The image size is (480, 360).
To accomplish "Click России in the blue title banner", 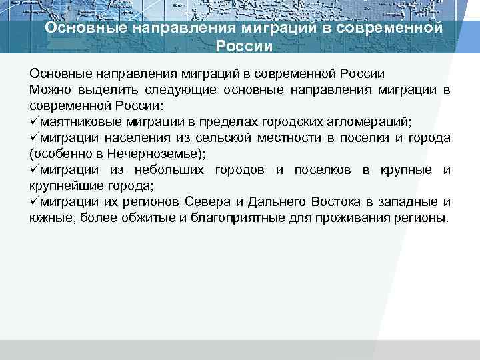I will [x=245, y=46].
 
